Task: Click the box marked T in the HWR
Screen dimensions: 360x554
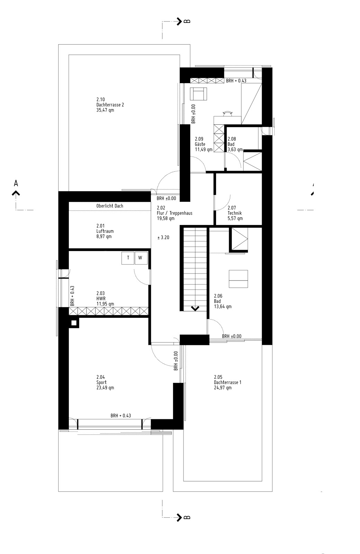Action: [128, 258]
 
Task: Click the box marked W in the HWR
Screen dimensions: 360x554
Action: [141, 258]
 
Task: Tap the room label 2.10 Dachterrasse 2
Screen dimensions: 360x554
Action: [110, 105]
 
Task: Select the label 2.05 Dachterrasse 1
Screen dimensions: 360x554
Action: [227, 382]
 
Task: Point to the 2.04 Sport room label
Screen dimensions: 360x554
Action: [105, 382]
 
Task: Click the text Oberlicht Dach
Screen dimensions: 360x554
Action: [109, 206]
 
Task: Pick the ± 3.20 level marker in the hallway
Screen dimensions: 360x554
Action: [163, 238]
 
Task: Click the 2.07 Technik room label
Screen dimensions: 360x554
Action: [235, 213]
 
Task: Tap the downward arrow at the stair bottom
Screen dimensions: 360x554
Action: [195, 309]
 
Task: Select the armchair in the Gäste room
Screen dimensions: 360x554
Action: [199, 94]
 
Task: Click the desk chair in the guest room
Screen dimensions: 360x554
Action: [227, 114]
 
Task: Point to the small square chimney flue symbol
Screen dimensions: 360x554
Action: [74, 323]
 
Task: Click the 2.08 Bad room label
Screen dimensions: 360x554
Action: [235, 144]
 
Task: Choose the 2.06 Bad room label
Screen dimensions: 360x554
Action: [223, 301]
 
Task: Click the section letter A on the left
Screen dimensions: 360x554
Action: [16, 183]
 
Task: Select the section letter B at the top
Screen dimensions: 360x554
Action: [187, 21]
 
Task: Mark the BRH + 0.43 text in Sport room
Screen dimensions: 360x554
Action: [121, 416]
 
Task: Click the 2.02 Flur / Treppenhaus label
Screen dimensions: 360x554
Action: [174, 213]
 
